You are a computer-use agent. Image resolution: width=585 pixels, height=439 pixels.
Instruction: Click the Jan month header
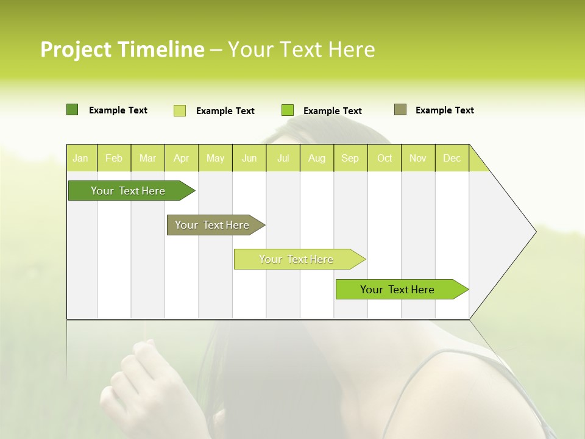(x=80, y=158)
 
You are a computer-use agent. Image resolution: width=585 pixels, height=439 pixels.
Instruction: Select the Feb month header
(x=114, y=158)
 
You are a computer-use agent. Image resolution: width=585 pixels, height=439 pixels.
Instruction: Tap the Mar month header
(x=147, y=158)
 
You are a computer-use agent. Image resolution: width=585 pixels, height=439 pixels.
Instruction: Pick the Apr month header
(x=182, y=158)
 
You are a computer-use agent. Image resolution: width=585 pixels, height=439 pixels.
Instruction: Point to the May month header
(x=215, y=158)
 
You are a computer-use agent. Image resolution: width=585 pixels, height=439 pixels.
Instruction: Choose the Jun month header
(x=249, y=158)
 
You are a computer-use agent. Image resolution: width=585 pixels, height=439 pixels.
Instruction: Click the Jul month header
(x=283, y=158)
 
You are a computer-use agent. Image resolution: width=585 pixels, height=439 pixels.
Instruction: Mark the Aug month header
(x=317, y=158)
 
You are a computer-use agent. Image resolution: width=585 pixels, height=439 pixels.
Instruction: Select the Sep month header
(x=350, y=158)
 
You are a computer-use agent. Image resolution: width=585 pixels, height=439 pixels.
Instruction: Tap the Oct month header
(x=385, y=158)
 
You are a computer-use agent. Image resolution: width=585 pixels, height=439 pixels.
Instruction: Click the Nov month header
(x=418, y=158)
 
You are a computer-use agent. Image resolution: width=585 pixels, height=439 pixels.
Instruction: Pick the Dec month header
(x=452, y=158)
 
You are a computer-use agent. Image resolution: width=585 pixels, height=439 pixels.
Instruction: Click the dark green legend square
(x=73, y=110)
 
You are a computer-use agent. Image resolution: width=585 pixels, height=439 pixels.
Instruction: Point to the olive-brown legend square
(x=400, y=110)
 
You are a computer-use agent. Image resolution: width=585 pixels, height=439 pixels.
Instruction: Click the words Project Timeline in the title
(x=122, y=49)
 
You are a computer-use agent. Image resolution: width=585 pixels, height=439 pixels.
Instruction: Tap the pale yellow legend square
(x=180, y=110)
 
